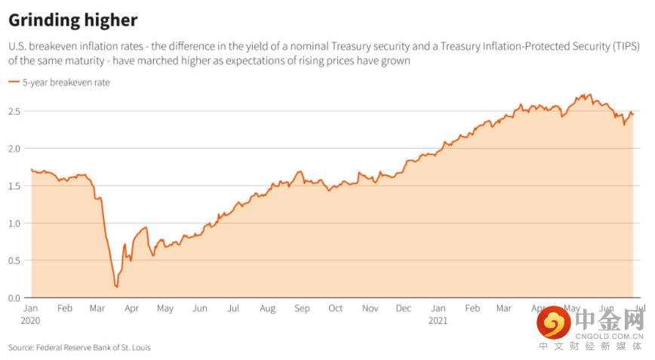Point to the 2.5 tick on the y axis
pos(15,112)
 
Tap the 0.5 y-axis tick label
pos(15,260)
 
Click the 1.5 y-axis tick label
pos(15,186)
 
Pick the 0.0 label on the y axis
pos(15,297)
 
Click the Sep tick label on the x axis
pos(302,309)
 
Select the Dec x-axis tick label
pos(404,309)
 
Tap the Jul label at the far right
pos(638,309)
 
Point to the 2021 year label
pos(438,320)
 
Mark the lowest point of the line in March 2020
pos(116,287)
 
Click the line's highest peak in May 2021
pos(589,94)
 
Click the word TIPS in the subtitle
pos(623,47)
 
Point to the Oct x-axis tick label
pos(336,309)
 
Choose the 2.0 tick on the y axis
pos(15,149)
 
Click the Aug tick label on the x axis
pos(268,309)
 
